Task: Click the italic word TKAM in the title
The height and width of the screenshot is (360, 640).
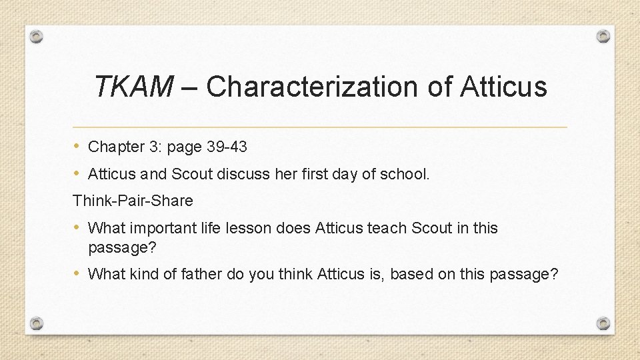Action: [x=133, y=87]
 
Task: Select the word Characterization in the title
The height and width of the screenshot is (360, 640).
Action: [x=311, y=87]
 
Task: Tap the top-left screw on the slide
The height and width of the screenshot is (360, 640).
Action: [x=37, y=36]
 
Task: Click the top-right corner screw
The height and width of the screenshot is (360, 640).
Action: [x=603, y=36]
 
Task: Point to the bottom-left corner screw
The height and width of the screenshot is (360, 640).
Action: [x=37, y=323]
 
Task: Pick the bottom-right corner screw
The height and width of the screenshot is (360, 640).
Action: [x=603, y=323]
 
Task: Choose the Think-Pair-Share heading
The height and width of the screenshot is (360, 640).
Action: [x=133, y=201]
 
